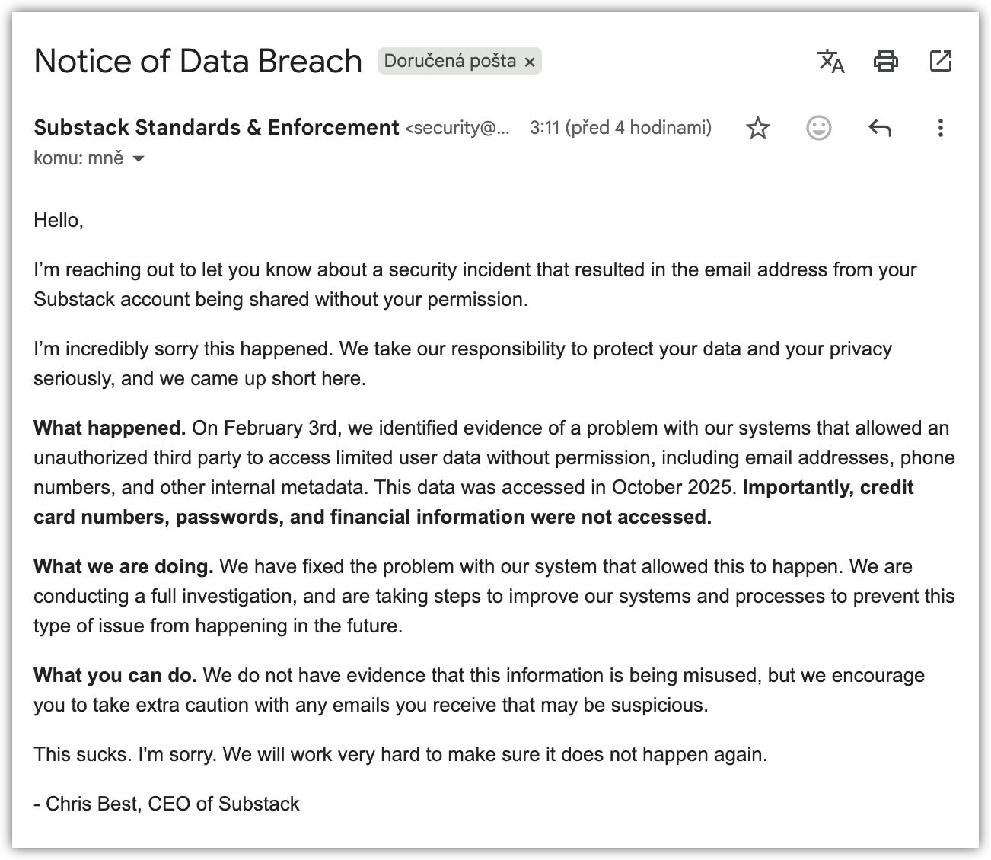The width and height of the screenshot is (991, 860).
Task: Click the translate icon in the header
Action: [830, 61]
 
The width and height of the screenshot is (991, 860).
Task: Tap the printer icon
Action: [885, 61]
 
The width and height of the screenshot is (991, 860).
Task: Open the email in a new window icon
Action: [941, 61]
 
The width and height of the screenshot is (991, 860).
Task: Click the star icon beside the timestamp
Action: [758, 128]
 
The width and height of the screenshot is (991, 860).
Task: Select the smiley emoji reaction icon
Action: [819, 128]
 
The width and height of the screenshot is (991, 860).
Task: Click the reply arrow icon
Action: [880, 128]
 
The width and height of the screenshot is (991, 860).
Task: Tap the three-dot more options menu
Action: [941, 128]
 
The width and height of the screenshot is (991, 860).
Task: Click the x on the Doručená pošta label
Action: [530, 62]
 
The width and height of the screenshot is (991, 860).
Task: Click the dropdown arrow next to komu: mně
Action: [139, 158]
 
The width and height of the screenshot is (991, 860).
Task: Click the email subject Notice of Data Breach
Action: [198, 61]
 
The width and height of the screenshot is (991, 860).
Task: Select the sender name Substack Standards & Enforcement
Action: [216, 127]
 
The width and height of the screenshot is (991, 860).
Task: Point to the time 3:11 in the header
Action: [545, 127]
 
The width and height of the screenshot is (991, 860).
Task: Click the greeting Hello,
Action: [59, 221]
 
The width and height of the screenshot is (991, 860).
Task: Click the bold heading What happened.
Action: [110, 428]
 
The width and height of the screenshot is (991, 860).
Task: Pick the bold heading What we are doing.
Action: [123, 566]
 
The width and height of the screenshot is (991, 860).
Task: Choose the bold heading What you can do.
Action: [115, 675]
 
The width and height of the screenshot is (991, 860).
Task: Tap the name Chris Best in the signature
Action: [93, 804]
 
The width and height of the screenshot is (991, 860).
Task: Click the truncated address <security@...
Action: [457, 128]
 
